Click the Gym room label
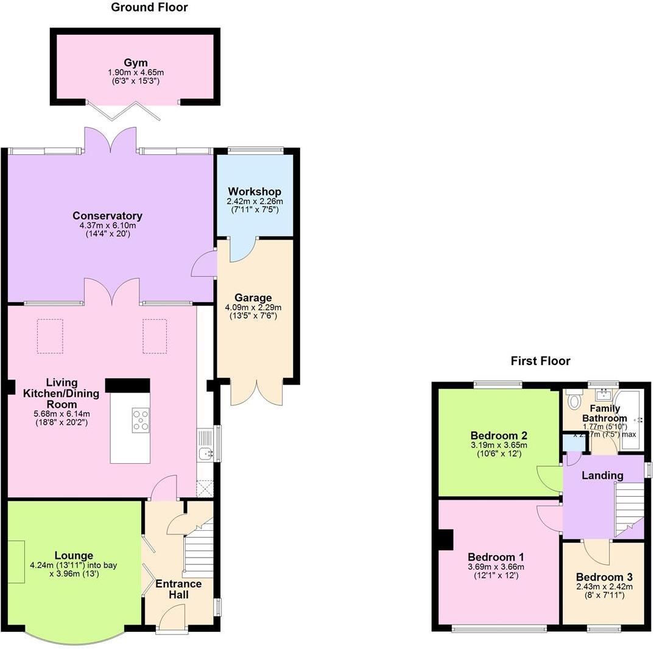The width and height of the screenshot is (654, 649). tap(136, 63)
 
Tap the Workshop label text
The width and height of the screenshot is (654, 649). tap(255, 192)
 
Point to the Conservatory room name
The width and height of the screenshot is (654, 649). tap(107, 216)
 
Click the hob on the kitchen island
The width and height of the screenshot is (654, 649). tap(141, 420)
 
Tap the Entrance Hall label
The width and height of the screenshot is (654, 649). tap(178, 589)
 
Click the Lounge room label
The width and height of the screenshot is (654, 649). tap(74, 555)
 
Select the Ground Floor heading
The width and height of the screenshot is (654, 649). tap(149, 7)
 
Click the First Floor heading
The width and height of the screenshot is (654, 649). tap(540, 361)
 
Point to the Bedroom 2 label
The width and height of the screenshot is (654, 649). tap(499, 436)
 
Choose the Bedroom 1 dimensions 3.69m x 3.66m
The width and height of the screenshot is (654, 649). tap(496, 567)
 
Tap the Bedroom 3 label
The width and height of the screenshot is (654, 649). tap(604, 577)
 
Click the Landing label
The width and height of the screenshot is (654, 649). tap(602, 475)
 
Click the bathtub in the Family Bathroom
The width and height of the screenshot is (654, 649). tap(635, 420)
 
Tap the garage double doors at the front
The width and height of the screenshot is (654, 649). tap(256, 392)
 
